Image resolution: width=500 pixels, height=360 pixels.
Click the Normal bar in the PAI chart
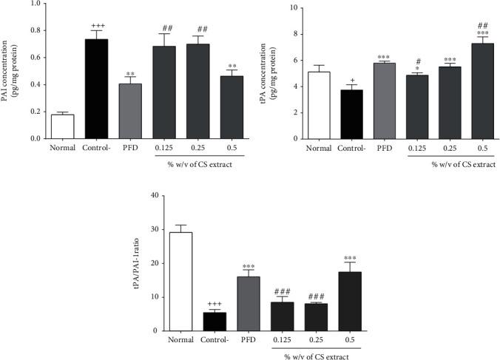(63, 126)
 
